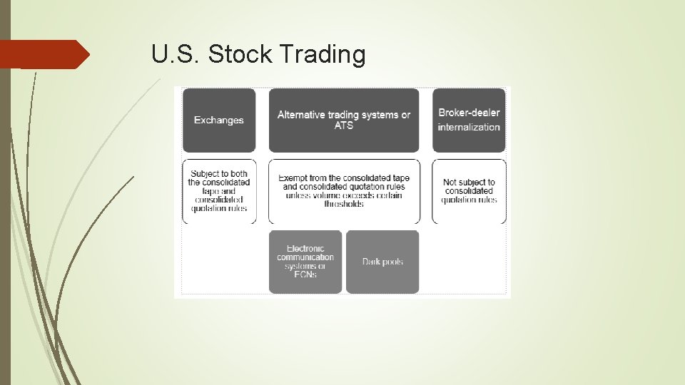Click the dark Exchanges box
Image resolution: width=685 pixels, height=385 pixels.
(219, 120)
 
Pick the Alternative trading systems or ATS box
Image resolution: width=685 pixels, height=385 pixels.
(344, 120)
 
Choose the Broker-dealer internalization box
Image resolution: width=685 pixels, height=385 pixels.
(469, 120)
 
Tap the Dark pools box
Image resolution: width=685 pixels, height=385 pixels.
(382, 262)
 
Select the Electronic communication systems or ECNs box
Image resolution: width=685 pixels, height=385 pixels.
(305, 262)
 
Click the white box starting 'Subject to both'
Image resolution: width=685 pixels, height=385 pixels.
(219, 191)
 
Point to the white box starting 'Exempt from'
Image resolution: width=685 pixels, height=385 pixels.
(344, 191)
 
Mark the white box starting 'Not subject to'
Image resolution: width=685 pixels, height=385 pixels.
(469, 191)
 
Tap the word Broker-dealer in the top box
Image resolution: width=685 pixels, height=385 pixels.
(469, 113)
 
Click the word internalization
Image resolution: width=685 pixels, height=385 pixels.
(469, 127)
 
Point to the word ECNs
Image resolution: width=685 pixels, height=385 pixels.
(305, 274)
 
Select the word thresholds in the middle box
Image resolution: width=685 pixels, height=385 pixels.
(344, 204)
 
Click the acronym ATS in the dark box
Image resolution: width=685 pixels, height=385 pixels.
(344, 126)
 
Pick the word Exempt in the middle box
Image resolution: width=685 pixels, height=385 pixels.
(293, 178)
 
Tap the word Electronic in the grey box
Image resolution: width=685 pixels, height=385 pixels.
(305, 249)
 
